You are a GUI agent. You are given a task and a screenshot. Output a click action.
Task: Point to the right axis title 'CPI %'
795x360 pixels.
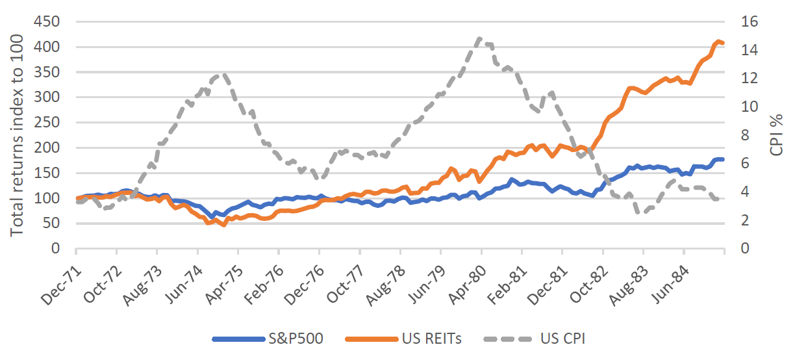(777, 135)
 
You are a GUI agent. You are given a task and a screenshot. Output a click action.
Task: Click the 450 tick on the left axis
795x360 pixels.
(47, 22)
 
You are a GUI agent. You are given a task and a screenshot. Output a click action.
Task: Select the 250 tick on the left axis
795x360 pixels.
(47, 123)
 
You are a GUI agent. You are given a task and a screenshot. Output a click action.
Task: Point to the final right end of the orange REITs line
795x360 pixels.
(724, 44)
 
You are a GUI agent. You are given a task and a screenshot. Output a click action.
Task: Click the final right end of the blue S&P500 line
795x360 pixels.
(724, 159)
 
